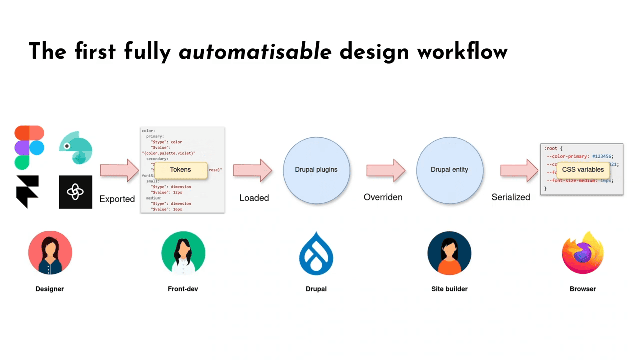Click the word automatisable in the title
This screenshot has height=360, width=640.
pyautogui.click(x=255, y=52)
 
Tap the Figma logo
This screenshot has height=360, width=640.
pyautogui.click(x=29, y=147)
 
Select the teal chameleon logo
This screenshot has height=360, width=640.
pyautogui.click(x=76, y=148)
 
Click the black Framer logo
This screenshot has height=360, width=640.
pyautogui.click(x=27, y=191)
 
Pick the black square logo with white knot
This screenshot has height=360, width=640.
pyautogui.click(x=75, y=192)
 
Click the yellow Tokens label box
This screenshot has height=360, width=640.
pyautogui.click(x=180, y=170)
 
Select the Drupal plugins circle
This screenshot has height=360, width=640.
pyautogui.click(x=316, y=170)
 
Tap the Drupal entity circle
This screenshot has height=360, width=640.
pyautogui.click(x=449, y=170)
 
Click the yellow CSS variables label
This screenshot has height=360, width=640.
pyautogui.click(x=583, y=170)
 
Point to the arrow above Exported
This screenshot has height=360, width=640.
pyautogui.click(x=119, y=170)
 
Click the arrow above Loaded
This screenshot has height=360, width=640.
pyautogui.click(x=252, y=170)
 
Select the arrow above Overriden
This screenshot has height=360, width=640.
pyautogui.click(x=386, y=170)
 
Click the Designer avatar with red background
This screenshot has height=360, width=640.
pyautogui.click(x=50, y=253)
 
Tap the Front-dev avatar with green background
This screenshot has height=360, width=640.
pyautogui.click(x=183, y=253)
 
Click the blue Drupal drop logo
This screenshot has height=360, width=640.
pyautogui.click(x=316, y=253)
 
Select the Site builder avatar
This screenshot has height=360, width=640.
pyautogui.click(x=449, y=253)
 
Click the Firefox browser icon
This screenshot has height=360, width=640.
pyautogui.click(x=583, y=253)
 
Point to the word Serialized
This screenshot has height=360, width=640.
pyautogui.click(x=511, y=197)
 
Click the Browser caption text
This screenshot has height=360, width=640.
pyautogui.click(x=583, y=289)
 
